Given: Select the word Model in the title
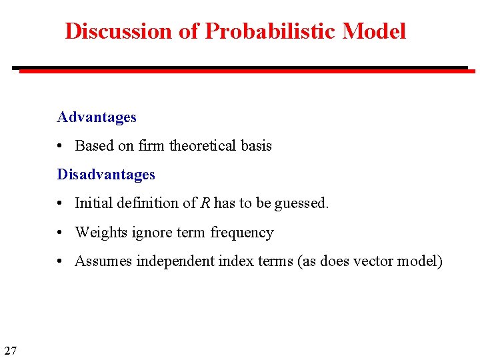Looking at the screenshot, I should point(375,31).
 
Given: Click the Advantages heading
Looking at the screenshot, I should point(97,117).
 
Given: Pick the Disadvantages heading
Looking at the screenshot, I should point(106,175).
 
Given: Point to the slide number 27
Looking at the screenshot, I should point(11,350).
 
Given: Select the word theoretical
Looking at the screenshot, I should point(203,146).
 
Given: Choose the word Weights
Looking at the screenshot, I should point(98,233).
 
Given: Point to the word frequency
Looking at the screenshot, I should point(242,233).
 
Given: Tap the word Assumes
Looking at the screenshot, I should point(103,261).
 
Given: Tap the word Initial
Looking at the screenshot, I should point(93,203).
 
